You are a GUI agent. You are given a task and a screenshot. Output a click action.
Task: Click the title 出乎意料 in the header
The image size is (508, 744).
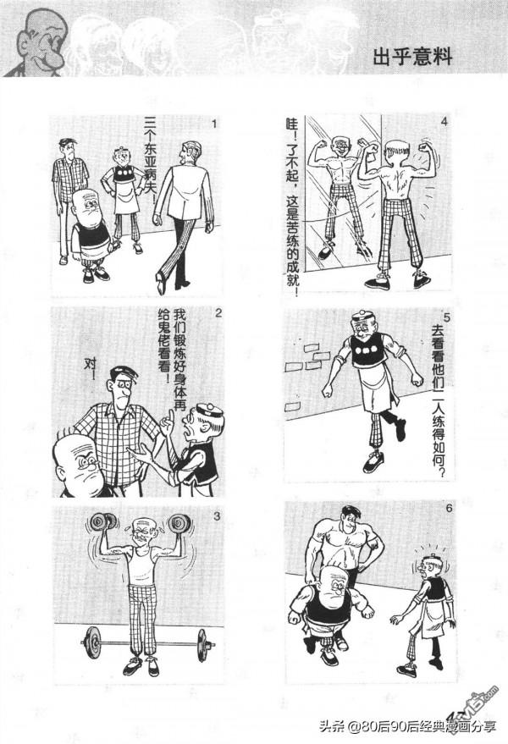point(412,58)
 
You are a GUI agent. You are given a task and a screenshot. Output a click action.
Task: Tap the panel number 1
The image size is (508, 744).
point(215,125)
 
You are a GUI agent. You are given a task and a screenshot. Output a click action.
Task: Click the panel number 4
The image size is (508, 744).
point(444,124)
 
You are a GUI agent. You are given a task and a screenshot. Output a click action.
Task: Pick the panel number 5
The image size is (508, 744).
point(445,317)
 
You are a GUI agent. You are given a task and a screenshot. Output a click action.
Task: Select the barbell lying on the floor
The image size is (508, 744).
point(145,644)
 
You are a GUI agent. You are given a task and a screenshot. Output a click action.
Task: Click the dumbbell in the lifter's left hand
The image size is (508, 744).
point(179,523)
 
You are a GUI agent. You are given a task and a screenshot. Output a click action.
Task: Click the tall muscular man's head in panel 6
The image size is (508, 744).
point(349,518)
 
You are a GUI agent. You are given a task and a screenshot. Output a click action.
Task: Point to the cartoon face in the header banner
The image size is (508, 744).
point(35,41)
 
